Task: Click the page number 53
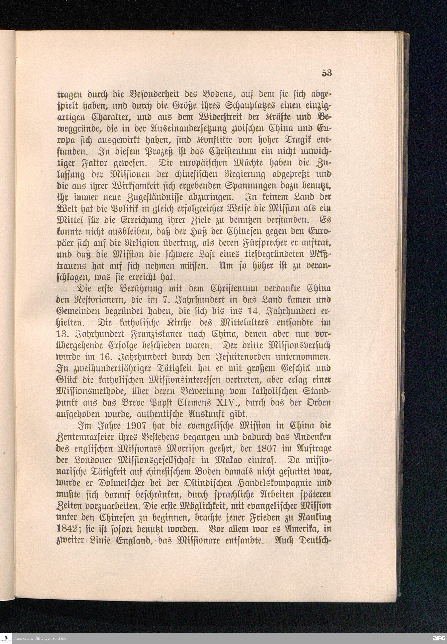click(x=327, y=73)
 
